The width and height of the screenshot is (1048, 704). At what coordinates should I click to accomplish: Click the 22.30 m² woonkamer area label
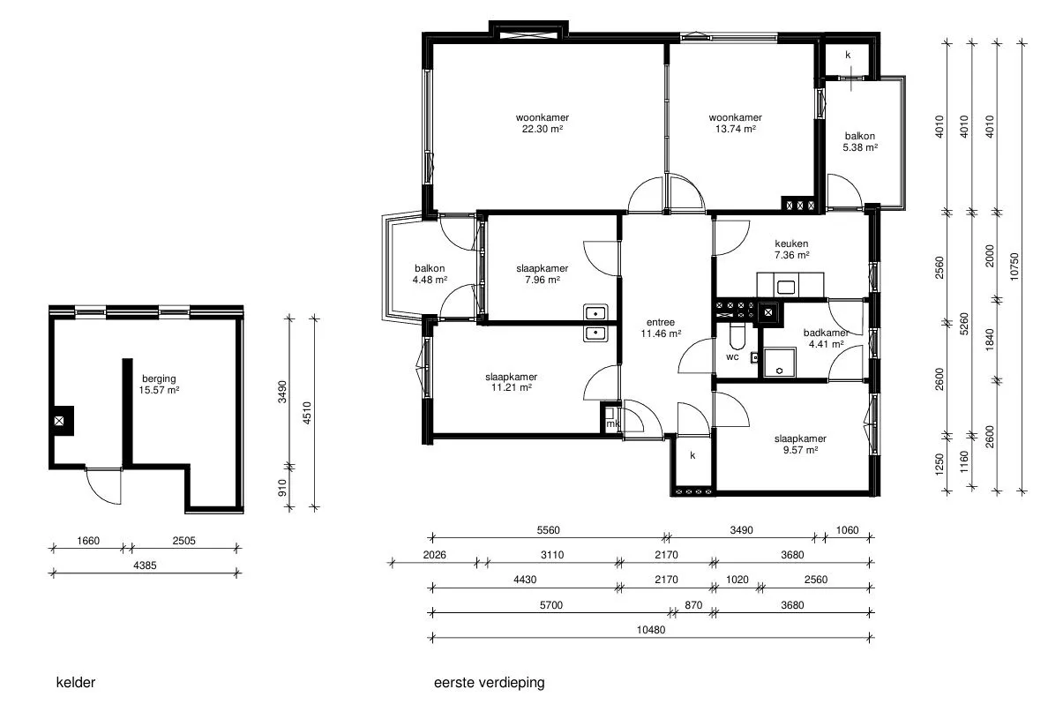point(542,124)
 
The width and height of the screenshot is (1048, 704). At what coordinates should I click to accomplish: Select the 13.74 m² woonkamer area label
point(735,124)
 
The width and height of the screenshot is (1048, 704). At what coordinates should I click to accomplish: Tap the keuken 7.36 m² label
point(792,250)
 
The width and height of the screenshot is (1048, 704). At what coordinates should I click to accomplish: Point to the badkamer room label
point(826,333)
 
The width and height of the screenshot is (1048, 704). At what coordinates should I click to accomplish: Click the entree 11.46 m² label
point(661,327)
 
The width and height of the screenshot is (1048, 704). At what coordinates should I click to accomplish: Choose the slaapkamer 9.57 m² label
point(800,445)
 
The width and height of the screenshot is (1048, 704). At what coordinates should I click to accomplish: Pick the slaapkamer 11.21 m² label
point(512,382)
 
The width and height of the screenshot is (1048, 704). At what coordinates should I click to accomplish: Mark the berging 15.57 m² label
point(159,385)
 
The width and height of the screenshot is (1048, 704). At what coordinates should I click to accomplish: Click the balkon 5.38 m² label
point(859,142)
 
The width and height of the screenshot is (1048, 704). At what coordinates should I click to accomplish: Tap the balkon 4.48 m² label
point(430,274)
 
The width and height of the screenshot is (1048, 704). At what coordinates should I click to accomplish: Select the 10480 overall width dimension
point(651,629)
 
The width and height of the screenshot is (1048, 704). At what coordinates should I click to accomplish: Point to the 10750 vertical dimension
point(1014,266)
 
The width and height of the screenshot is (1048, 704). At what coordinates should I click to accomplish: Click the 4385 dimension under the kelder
point(145,565)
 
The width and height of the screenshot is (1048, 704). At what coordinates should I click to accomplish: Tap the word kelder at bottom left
point(76,683)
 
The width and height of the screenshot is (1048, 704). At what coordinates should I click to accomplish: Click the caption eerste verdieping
point(490,683)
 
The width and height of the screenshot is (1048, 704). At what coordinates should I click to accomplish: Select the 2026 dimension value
point(434,555)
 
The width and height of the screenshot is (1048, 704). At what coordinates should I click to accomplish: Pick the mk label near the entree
point(612,423)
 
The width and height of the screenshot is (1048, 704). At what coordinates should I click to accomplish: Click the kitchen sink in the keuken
point(785,288)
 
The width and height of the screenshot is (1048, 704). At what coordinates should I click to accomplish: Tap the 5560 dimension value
point(548,530)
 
